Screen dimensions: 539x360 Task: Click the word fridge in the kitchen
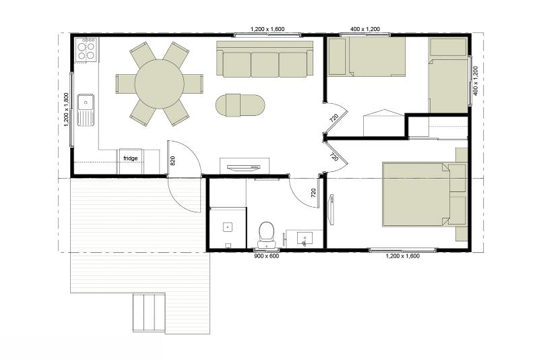[130, 158]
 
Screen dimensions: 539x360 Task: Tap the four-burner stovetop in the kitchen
[86, 50]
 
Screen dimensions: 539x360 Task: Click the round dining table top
[159, 84]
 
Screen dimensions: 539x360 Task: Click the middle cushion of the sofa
[265, 65]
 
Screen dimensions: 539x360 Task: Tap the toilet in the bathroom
[266, 235]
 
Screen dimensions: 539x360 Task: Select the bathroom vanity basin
[305, 239]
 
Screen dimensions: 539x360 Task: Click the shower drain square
[228, 227]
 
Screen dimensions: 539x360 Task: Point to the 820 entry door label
[172, 160]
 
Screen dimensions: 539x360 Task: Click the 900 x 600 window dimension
[266, 256]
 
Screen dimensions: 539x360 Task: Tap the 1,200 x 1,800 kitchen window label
[67, 110]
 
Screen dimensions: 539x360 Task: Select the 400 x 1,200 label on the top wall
[365, 29]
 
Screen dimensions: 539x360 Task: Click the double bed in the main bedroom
[416, 195]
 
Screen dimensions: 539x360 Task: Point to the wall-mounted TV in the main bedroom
[331, 210]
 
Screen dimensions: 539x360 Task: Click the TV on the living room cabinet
[243, 167]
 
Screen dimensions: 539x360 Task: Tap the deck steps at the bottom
[149, 312]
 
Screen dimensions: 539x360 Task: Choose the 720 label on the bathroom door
[313, 193]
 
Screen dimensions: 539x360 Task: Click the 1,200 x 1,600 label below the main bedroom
[402, 256]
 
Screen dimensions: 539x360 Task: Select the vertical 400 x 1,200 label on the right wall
[476, 81]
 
